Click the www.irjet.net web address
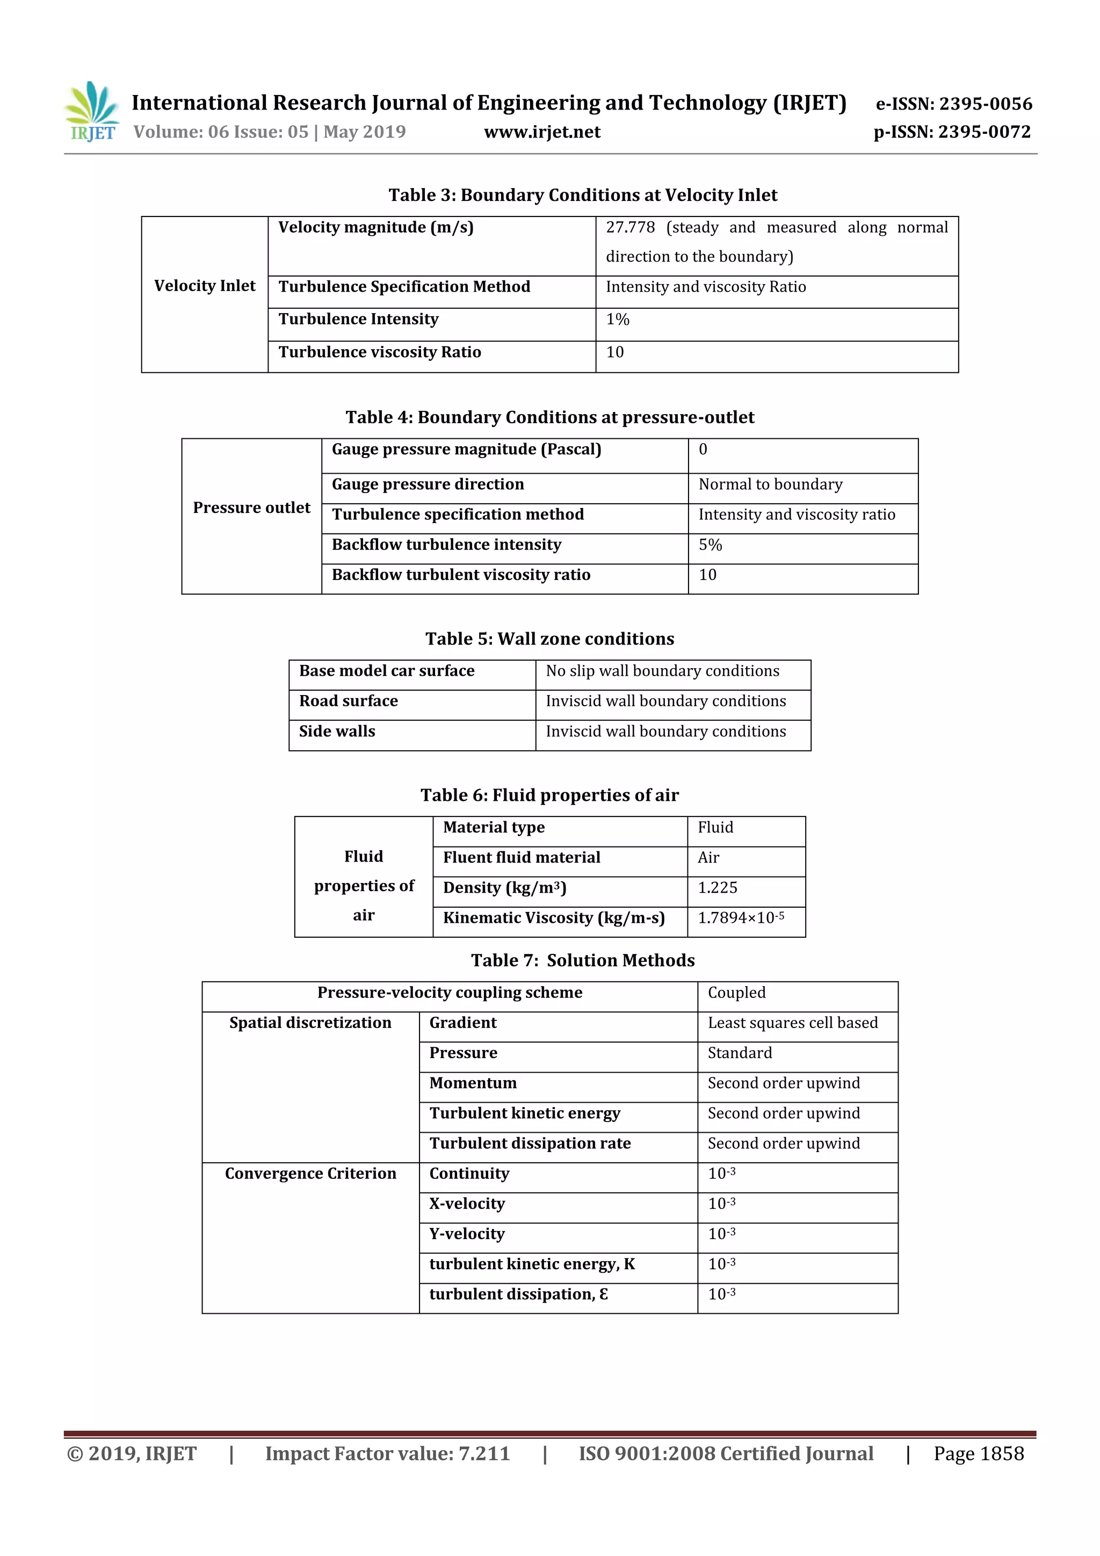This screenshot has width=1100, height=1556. coord(541,132)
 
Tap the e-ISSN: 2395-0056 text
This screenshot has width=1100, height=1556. coord(953,104)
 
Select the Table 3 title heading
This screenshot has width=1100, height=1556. coord(582,195)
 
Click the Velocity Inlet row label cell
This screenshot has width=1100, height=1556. coord(205,286)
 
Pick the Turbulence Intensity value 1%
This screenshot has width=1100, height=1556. coord(618,319)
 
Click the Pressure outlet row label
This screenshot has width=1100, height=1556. coord(251,508)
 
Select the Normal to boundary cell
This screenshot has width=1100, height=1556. coord(771,484)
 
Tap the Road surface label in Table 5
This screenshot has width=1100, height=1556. coord(349,701)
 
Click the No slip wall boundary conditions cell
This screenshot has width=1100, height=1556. coord(662,671)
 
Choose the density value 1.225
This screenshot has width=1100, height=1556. coord(717,888)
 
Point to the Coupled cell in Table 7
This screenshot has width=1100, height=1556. coord(737,993)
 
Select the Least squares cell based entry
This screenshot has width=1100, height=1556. coord(792,1023)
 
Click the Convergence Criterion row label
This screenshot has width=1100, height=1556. coord(310,1174)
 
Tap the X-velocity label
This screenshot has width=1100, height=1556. coord(467,1204)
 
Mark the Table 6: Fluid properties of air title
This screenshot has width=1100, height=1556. coord(549,795)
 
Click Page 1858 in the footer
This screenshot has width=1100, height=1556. coord(978,1453)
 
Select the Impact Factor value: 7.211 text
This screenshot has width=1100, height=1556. coord(387,1453)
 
